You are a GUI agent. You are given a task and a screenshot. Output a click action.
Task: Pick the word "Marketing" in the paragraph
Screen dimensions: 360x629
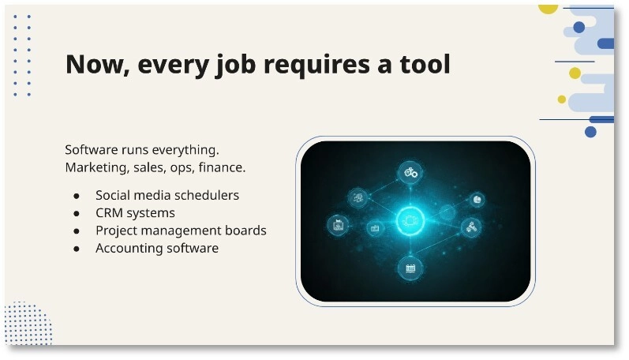tap(94, 167)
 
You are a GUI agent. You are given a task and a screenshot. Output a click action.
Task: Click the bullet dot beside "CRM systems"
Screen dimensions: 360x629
tap(77, 213)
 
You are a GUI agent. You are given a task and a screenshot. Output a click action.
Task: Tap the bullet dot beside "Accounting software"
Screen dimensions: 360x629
tap(77, 249)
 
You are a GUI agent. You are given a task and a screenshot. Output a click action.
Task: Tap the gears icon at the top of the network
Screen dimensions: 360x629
tap(410, 171)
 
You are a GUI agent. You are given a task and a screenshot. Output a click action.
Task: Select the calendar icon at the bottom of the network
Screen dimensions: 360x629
tap(410, 268)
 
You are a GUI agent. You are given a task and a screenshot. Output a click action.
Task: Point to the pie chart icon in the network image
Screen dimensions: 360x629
tap(477, 200)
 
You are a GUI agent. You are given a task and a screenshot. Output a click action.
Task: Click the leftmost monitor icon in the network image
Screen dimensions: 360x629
tap(338, 225)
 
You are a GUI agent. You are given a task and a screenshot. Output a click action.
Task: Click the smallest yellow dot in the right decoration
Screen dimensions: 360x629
tap(562, 99)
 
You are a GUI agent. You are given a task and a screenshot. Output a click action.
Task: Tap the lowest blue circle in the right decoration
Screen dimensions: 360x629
tap(590, 132)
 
